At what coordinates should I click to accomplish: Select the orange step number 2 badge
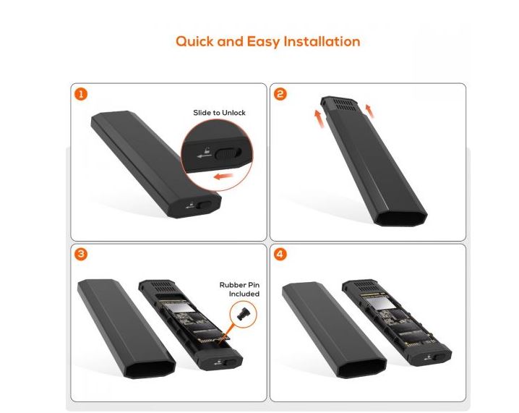(x=280, y=94)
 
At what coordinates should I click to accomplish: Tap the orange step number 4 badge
(x=280, y=255)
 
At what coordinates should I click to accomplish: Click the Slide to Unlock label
(x=219, y=113)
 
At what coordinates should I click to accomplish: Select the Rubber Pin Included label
(x=239, y=289)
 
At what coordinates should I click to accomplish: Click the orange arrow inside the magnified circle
(x=223, y=176)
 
